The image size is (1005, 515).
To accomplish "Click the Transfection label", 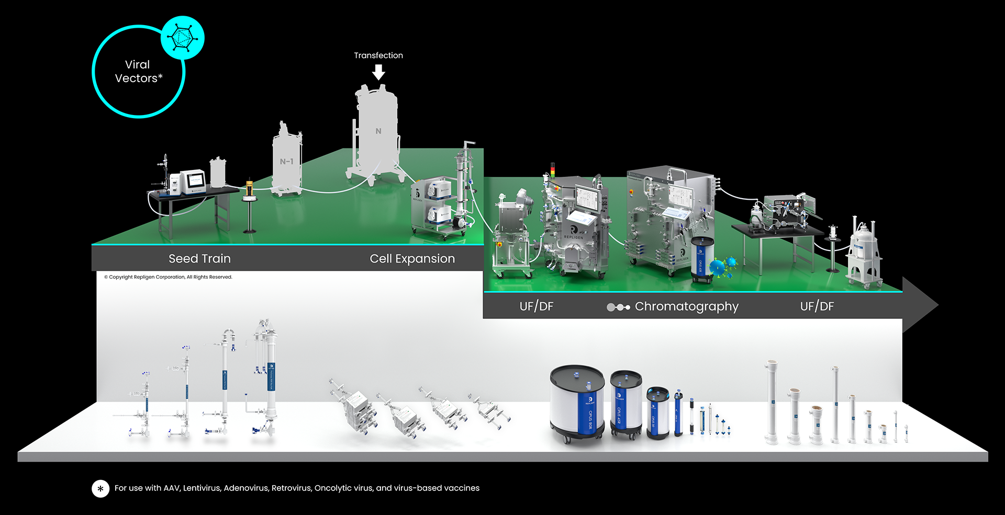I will click(x=378, y=55).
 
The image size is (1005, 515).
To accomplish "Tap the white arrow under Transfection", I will click(x=378, y=72).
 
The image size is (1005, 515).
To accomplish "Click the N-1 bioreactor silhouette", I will click(x=286, y=160).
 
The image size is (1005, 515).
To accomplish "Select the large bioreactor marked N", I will click(x=377, y=133).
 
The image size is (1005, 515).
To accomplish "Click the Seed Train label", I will click(x=199, y=258).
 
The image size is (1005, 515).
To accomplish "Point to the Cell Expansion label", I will click(x=412, y=258).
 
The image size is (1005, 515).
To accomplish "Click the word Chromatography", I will click(x=686, y=306).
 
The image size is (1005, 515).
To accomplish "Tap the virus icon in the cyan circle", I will click(x=182, y=37).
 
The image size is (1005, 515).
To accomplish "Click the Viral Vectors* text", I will click(x=138, y=72).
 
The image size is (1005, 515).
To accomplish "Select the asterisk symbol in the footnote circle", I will click(x=100, y=488).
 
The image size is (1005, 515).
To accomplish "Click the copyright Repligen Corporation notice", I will click(x=168, y=277).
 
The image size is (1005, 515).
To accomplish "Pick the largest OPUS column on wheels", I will click(x=577, y=403).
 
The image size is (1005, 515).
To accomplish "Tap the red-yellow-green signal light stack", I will click(x=552, y=169).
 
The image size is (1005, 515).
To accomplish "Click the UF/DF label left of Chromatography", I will click(x=536, y=306).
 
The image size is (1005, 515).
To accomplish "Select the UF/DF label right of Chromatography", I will click(x=817, y=306).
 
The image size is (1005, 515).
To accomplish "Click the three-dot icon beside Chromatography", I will click(x=618, y=307).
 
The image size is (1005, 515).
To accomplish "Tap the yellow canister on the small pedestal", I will click(x=249, y=187).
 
